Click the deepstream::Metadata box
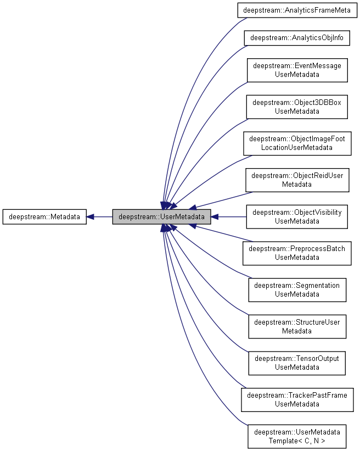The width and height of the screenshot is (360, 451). click(44, 217)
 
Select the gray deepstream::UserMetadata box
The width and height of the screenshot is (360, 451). click(161, 217)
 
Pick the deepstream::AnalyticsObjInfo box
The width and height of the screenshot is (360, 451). click(297, 38)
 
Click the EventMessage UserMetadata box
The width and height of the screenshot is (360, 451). click(297, 70)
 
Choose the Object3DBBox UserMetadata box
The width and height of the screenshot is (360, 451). click(297, 107)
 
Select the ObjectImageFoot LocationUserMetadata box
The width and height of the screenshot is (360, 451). click(297, 143)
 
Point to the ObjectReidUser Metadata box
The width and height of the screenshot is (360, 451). click(297, 180)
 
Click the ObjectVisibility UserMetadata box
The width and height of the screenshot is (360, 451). click(297, 217)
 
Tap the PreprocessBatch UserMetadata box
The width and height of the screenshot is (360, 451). click(297, 253)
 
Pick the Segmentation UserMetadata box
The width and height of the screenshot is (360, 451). click(297, 290)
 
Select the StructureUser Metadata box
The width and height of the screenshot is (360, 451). click(297, 327)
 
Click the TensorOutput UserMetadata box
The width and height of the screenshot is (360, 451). click(297, 363)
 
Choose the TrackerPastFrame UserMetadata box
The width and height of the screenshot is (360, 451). click(297, 400)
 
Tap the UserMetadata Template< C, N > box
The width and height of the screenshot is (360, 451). click(297, 437)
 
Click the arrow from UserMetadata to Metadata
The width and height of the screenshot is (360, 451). click(102, 217)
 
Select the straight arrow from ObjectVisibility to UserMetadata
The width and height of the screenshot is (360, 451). click(230, 217)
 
